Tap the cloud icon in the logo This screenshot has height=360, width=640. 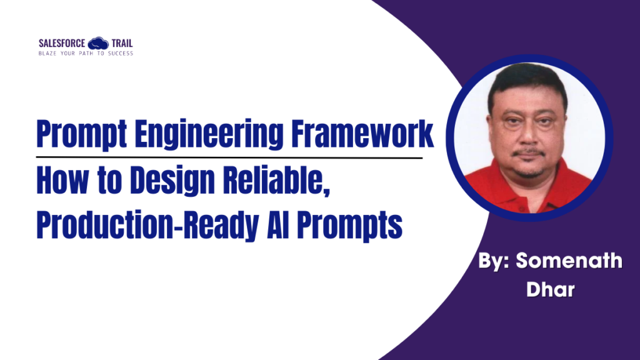pyautogui.click(x=98, y=44)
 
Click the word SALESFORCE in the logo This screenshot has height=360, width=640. pyautogui.click(x=62, y=44)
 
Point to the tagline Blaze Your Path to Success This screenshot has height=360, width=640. pyautogui.click(x=86, y=54)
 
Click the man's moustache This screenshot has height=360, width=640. pyautogui.click(x=529, y=152)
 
